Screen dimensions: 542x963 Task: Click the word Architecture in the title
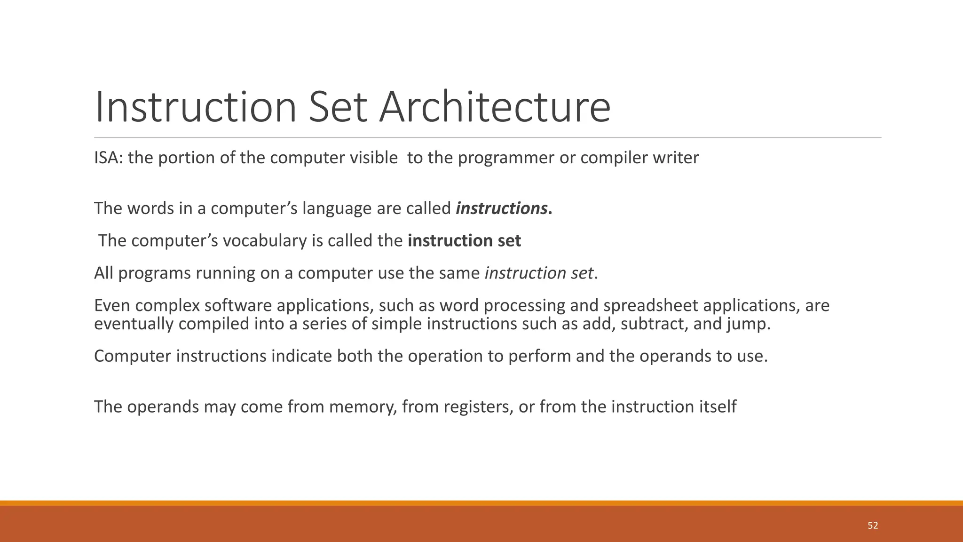coord(495,107)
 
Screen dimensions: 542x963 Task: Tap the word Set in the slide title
coord(337,107)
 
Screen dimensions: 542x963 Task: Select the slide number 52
coord(873,526)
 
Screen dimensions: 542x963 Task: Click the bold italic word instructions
coord(501,208)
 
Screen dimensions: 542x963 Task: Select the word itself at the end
coord(717,406)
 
